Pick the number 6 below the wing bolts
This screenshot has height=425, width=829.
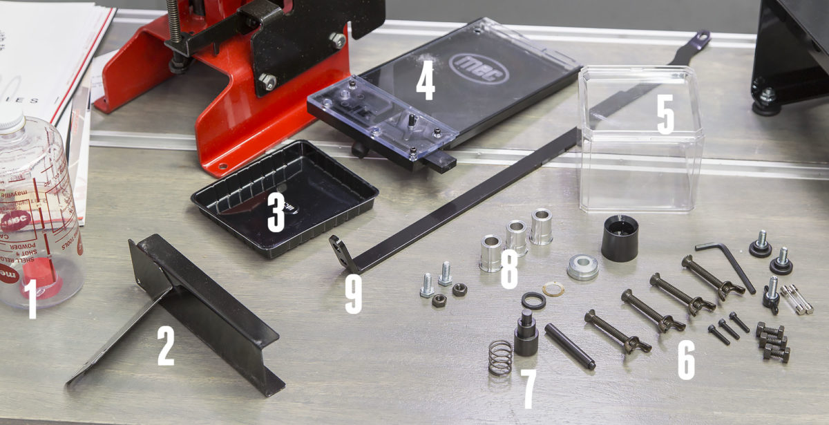[685, 360]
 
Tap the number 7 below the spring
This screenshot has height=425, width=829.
[528, 390]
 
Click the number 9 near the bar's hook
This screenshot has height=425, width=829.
[352, 295]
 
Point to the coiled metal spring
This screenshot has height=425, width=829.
[499, 357]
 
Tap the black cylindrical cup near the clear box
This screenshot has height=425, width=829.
[619, 238]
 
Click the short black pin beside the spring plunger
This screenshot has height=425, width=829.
[570, 346]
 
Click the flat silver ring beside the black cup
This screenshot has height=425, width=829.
[582, 267]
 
